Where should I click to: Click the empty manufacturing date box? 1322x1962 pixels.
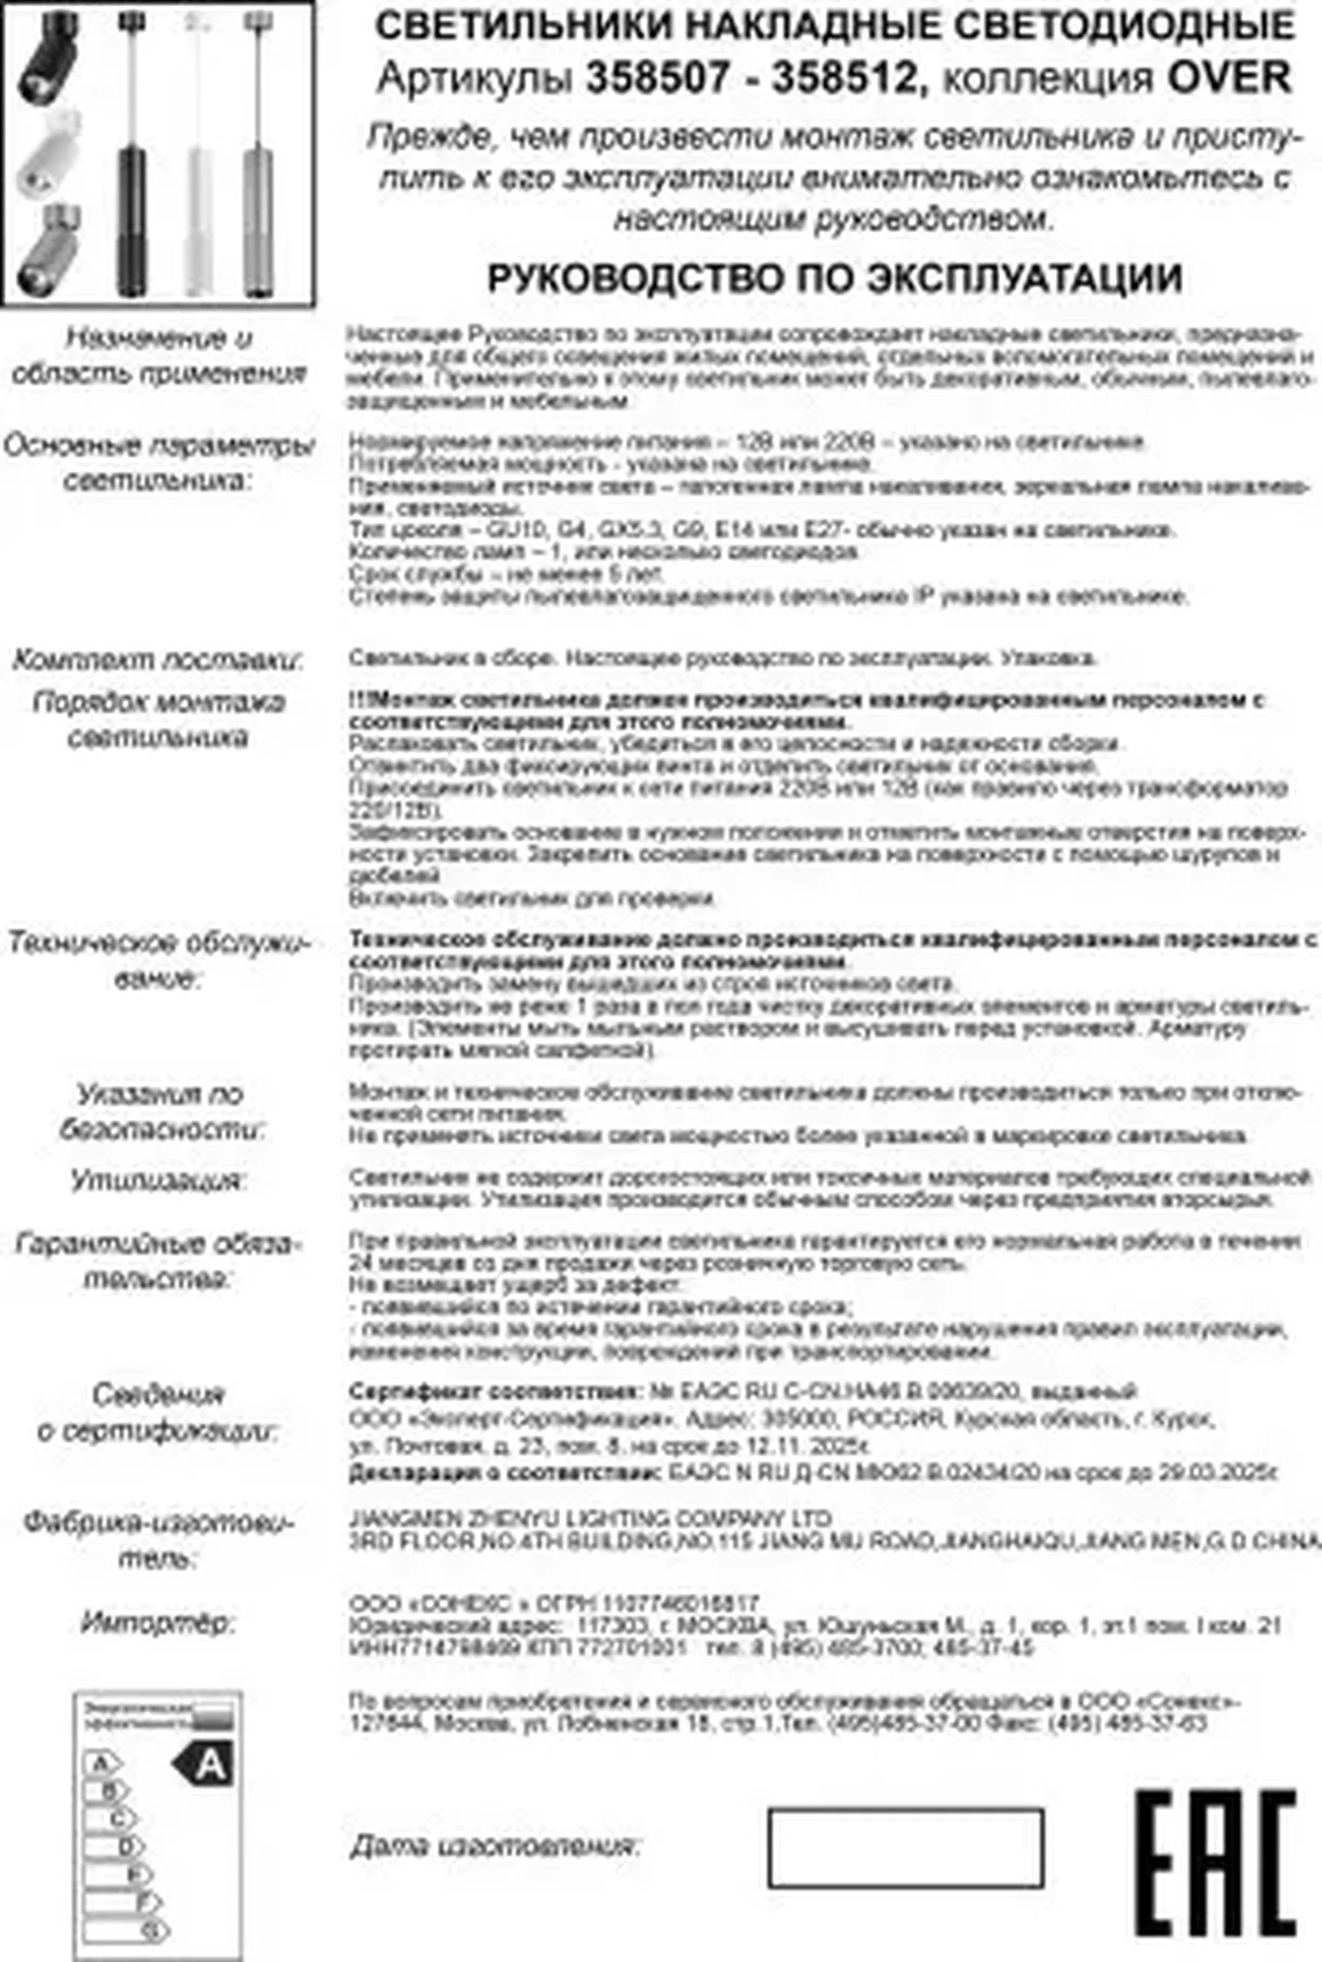(x=905, y=1847)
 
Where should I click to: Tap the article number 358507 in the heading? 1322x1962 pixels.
(x=659, y=79)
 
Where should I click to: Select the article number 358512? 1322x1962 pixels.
(x=843, y=79)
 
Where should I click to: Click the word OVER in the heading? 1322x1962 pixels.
(x=1228, y=79)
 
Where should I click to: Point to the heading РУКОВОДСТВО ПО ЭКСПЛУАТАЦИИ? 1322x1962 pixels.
(x=835, y=279)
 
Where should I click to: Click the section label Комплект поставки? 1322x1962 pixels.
(x=158, y=660)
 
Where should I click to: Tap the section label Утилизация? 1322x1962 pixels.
(x=158, y=1179)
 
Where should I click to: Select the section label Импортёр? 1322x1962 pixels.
(x=158, y=1622)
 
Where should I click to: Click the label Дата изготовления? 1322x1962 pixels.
(x=495, y=1846)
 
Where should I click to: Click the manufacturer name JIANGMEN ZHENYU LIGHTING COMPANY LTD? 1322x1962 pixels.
(x=590, y=1518)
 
